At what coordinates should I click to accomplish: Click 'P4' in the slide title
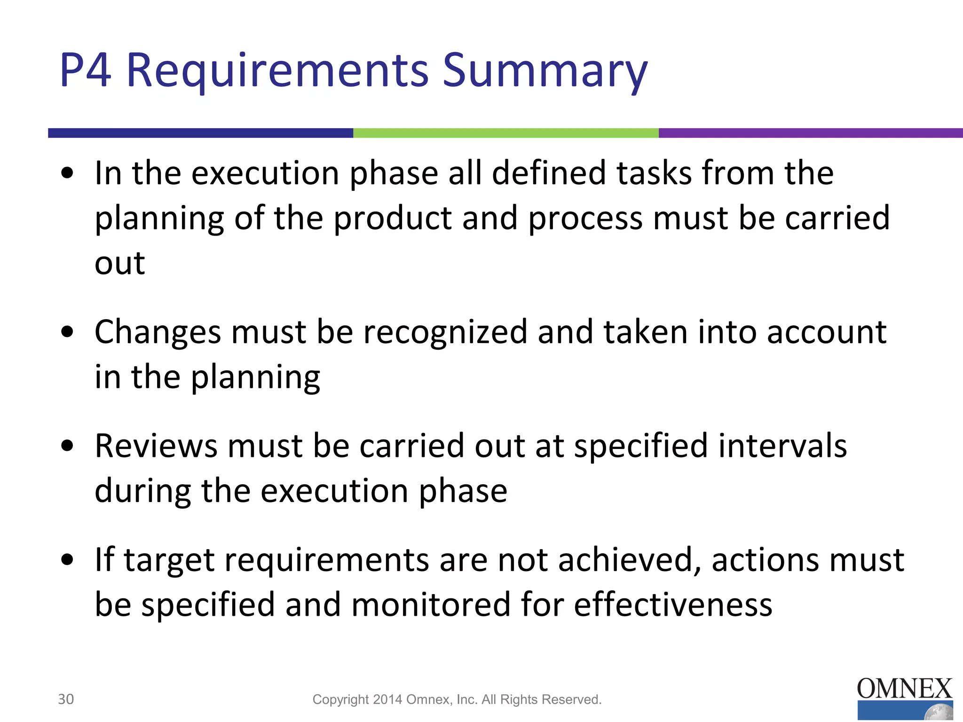pos(85,71)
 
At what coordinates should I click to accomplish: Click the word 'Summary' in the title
pos(545,71)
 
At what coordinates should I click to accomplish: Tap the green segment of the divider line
pos(505,133)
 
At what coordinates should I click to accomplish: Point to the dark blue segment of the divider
pos(200,133)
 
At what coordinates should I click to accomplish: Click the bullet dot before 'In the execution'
pos(68,173)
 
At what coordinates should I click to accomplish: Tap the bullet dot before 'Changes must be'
pos(68,332)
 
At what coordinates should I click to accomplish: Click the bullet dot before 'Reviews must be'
pos(68,446)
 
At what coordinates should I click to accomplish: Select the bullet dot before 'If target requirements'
pos(68,560)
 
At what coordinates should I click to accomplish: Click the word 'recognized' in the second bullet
pos(445,332)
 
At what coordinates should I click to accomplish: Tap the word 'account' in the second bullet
pos(827,332)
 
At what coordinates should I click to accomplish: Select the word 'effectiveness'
pos(673,604)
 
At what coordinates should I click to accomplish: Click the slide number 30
pos(66,699)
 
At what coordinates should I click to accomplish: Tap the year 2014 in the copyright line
pos(387,699)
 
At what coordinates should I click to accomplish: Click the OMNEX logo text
pos(904,689)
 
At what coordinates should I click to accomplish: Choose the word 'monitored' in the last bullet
pos(431,604)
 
